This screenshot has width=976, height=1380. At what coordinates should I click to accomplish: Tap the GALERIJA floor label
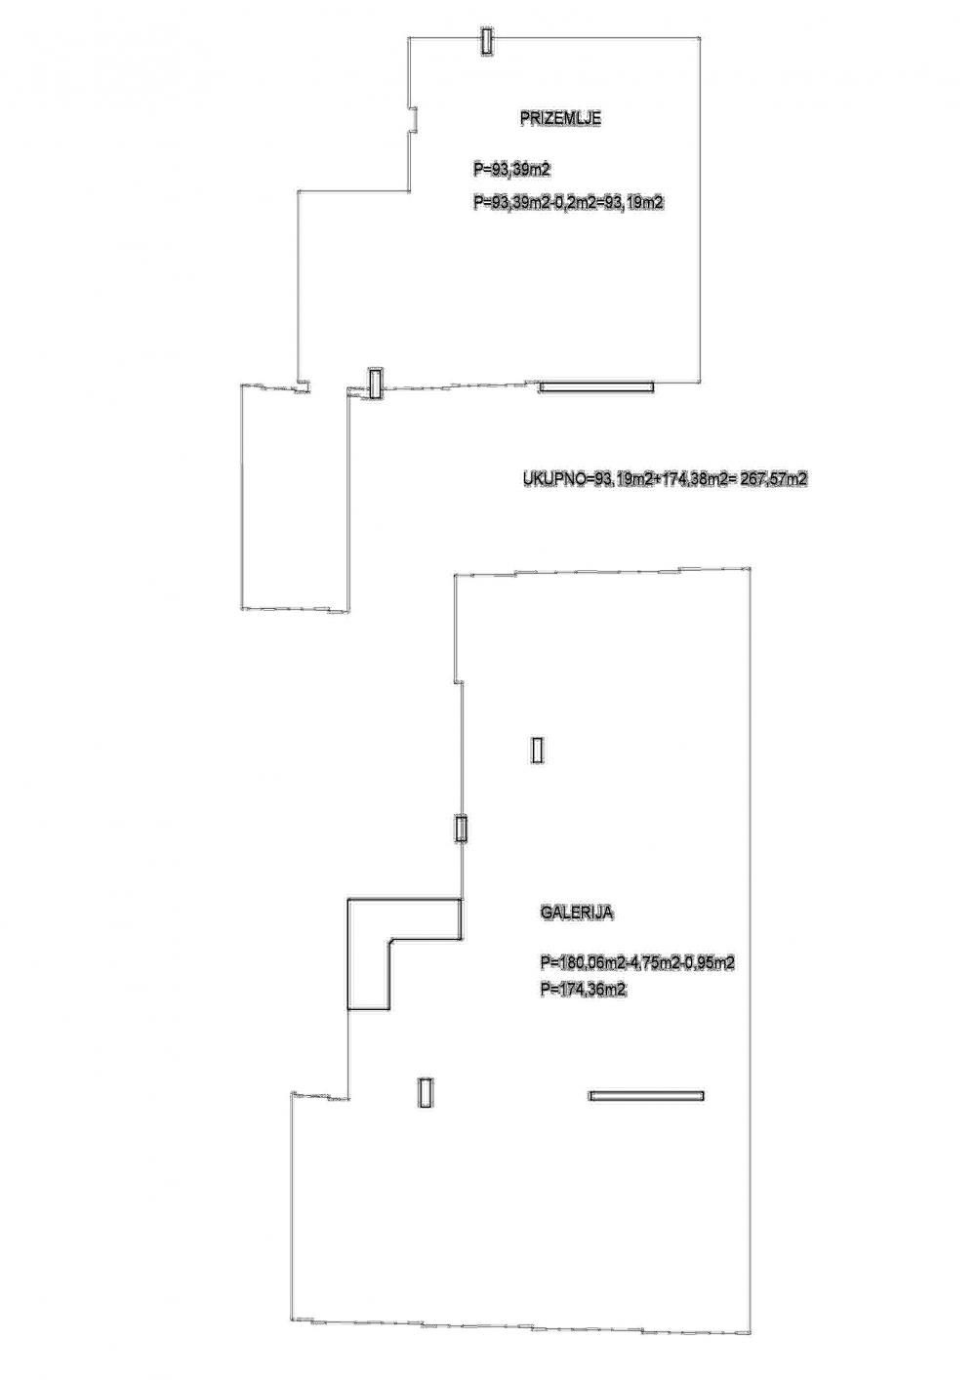[576, 913]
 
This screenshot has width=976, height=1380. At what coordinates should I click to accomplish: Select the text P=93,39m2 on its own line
[511, 170]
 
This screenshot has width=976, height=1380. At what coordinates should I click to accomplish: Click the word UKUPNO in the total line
[552, 479]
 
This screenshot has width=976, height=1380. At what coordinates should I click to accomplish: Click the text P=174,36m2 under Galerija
[582, 990]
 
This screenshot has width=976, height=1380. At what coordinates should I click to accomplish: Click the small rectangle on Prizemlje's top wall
[486, 41]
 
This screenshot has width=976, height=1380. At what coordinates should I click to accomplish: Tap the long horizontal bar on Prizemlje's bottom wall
[596, 386]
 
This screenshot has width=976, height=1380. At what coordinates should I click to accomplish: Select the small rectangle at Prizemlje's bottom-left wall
[375, 383]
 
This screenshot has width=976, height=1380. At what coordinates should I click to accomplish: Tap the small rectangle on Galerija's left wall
[462, 829]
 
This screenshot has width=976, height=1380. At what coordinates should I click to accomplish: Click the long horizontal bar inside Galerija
[646, 1096]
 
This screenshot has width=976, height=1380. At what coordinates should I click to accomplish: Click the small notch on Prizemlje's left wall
[414, 118]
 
